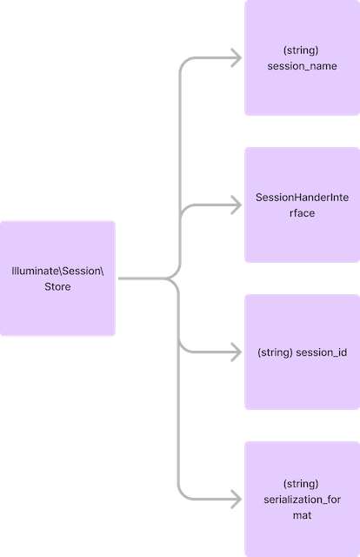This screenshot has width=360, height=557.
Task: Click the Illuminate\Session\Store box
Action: pos(58,278)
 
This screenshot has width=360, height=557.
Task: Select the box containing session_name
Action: pos(301,58)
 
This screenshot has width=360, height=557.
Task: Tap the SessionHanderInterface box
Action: pos(301,205)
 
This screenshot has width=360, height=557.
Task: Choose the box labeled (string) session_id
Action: pos(301,352)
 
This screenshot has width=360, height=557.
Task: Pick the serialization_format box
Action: pos(301,500)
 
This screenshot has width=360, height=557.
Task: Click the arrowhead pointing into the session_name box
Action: pos(237,58)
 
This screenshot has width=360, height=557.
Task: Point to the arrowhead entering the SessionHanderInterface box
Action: pos(237,205)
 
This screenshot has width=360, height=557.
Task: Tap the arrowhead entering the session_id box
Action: pos(237,352)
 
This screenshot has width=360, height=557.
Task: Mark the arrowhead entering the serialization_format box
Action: pos(237,500)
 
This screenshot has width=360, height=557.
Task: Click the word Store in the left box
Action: pos(57,287)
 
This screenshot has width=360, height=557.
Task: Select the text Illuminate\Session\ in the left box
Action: pos(57,271)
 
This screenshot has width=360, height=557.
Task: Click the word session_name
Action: pos(301,67)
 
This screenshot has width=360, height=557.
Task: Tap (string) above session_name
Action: pos(301,50)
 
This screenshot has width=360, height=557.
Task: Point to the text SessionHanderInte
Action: pos(301,198)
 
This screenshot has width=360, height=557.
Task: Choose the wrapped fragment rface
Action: pos(301,214)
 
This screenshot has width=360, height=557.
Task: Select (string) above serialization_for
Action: pos(301,483)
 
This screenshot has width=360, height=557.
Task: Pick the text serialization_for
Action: pos(301,500)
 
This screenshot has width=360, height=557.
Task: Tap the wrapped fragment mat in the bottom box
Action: pos(301,516)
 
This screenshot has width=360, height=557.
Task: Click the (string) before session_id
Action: pos(276,352)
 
